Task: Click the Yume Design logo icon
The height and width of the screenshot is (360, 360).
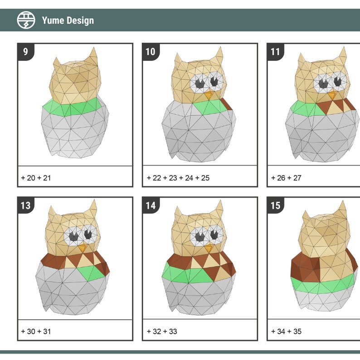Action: pyautogui.click(x=26, y=20)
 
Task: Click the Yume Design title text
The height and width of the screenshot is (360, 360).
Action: pyautogui.click(x=68, y=20)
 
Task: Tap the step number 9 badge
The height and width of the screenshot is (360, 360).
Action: pyautogui.click(x=25, y=52)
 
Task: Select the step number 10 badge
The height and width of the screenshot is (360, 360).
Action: pyautogui.click(x=150, y=52)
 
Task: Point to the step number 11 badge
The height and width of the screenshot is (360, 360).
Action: pyautogui.click(x=275, y=52)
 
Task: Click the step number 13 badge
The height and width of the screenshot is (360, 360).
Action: pyautogui.click(x=25, y=205)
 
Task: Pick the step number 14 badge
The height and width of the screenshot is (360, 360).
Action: pyautogui.click(x=150, y=205)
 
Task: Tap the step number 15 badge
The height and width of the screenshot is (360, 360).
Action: pyautogui.click(x=275, y=205)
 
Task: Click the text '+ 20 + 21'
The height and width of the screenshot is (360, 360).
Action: pyautogui.click(x=36, y=178)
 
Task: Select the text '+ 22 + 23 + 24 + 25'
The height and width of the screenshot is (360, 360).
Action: pyautogui.click(x=178, y=178)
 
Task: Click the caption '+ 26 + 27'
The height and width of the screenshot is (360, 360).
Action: pyautogui.click(x=286, y=178)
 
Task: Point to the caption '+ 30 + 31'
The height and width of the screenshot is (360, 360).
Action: pyautogui.click(x=36, y=331)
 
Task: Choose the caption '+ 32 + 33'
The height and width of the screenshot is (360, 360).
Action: pyautogui.click(x=161, y=331)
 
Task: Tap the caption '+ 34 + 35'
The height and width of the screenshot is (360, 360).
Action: pyautogui.click(x=286, y=331)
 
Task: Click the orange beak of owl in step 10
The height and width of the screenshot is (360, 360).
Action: pyautogui.click(x=209, y=95)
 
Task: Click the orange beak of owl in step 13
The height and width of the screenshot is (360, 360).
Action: pyautogui.click(x=83, y=248)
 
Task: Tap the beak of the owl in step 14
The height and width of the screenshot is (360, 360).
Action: pyautogui.click(x=208, y=248)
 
